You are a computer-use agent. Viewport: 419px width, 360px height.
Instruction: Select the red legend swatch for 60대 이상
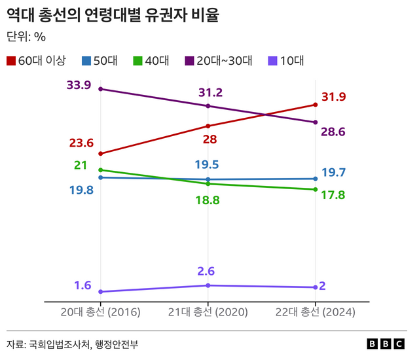[x=11, y=61]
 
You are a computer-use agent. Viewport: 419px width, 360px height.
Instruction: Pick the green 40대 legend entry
[x=151, y=61]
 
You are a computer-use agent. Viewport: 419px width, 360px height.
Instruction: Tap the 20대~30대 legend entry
[x=219, y=61]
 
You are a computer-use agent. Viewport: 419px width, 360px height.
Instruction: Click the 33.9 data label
[x=79, y=85]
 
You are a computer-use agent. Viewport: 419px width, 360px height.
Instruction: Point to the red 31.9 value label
[x=333, y=98]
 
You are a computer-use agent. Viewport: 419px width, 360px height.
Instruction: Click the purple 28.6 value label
[x=333, y=132]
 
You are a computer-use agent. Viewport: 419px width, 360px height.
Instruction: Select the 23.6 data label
[x=81, y=143]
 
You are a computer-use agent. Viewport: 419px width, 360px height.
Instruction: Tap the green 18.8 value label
[x=207, y=200]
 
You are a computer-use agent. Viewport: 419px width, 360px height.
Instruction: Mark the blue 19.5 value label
[x=207, y=165]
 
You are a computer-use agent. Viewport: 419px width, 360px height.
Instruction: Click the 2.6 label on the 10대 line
[x=206, y=271]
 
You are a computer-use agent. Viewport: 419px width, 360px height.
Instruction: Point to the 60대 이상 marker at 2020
[x=208, y=126]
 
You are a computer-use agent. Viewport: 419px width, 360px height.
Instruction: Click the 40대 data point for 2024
[x=316, y=190]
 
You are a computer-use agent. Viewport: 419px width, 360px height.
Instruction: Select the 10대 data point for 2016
[x=100, y=291]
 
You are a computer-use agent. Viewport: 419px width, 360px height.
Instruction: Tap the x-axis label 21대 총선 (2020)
[x=208, y=312]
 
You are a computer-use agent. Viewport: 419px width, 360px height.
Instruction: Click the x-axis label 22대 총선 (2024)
[x=316, y=312]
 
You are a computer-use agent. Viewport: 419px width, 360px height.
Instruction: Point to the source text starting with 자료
[x=73, y=344]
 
